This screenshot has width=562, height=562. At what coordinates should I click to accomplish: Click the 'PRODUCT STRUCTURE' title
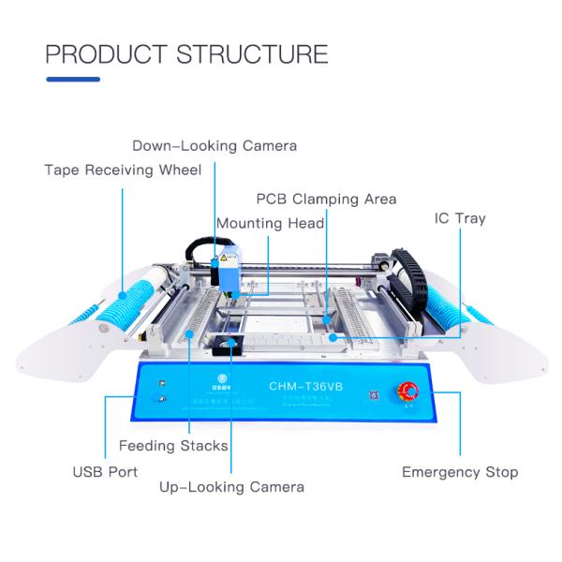(x=186, y=52)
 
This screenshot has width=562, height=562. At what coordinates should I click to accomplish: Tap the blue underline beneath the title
(x=73, y=80)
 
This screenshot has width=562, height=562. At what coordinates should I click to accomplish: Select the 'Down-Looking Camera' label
(x=214, y=145)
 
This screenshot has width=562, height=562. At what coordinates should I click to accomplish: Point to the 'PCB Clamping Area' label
(x=327, y=199)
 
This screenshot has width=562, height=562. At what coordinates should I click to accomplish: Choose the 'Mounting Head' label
(x=271, y=223)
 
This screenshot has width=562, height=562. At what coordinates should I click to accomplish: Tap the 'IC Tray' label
(x=460, y=218)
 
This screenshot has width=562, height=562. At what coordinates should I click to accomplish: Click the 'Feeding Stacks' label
(x=173, y=445)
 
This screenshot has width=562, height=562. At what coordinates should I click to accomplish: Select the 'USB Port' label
(x=105, y=471)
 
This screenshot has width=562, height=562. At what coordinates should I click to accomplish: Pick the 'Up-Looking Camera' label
(x=231, y=487)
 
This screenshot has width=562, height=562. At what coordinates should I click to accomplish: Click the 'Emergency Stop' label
(x=460, y=471)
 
